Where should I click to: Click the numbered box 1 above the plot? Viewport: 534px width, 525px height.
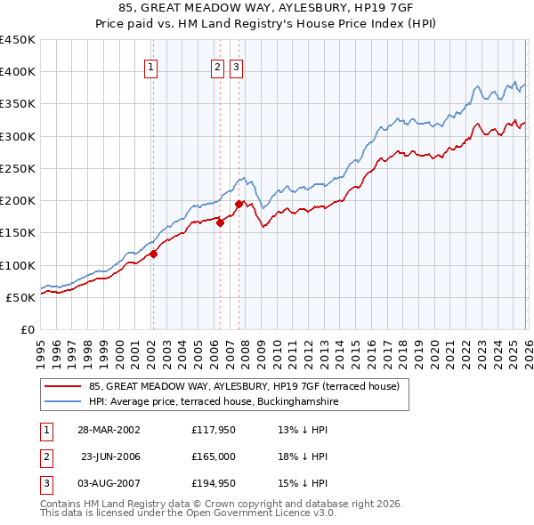[151, 66]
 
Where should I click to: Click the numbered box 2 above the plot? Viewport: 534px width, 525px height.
[218, 66]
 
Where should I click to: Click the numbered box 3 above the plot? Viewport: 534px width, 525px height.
[236, 66]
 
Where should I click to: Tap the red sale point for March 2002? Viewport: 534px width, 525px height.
[153, 254]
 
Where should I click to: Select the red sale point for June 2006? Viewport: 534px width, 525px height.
[220, 223]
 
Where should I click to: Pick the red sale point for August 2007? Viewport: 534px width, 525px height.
[238, 204]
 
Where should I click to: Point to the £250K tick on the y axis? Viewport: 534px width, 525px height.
[18, 168]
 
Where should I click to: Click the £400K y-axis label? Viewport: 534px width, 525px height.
[18, 72]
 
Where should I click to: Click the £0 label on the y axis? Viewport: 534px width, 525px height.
[27, 329]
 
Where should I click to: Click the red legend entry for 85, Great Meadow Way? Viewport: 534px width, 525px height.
[245, 386]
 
